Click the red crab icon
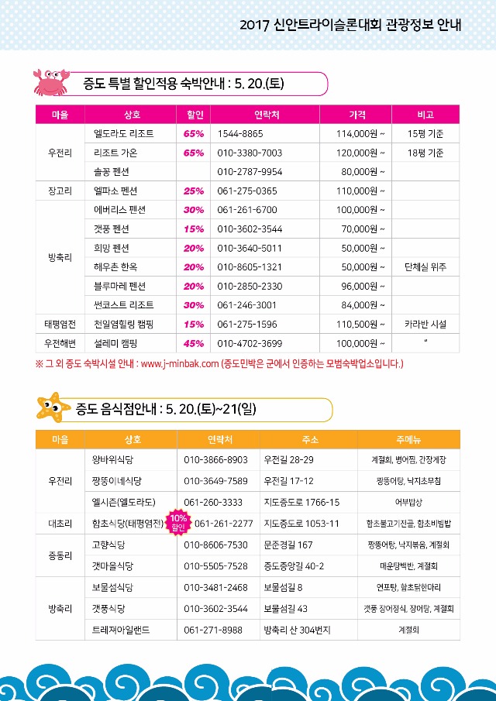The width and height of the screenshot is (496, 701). tap(49, 80)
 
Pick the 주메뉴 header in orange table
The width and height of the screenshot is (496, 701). tap(408, 439)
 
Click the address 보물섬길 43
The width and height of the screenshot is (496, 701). tap(286, 609)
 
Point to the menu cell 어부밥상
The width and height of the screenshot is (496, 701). tap(408, 502)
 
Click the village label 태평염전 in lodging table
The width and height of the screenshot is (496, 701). tap(60, 325)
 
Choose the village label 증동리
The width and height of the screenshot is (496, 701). tap(60, 555)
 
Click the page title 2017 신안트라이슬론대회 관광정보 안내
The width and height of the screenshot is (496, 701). tap(350, 25)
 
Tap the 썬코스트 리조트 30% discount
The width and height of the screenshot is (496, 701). tap(194, 305)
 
